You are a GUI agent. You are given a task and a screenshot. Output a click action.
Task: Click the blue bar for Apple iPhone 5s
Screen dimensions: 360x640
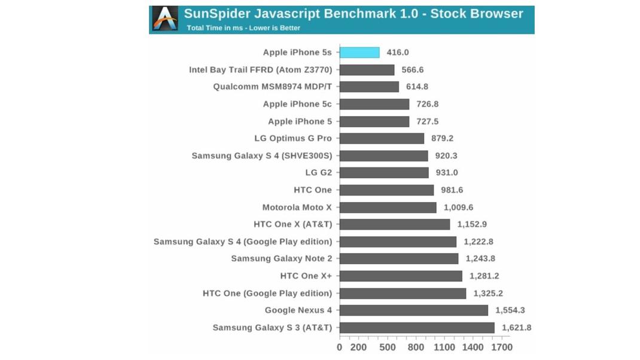pyautogui.click(x=359, y=53)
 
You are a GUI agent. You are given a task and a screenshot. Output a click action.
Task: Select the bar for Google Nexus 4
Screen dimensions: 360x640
pyautogui.click(x=414, y=310)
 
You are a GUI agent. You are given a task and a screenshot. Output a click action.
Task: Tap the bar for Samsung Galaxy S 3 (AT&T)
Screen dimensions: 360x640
pyautogui.click(x=417, y=328)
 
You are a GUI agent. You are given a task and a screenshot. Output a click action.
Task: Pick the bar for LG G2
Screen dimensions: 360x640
pyautogui.click(x=384, y=173)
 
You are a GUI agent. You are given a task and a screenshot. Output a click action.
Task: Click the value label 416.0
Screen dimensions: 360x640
pyautogui.click(x=398, y=53)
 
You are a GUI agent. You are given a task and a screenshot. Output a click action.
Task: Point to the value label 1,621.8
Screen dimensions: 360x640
pyautogui.click(x=517, y=328)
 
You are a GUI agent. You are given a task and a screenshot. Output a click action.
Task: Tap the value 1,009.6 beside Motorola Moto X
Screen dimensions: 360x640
pyautogui.click(x=459, y=208)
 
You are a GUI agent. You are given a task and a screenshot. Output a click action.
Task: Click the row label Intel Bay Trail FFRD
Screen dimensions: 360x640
pyautogui.click(x=260, y=69)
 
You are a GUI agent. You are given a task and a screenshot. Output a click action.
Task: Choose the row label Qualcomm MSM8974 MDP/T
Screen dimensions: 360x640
pyautogui.click(x=272, y=87)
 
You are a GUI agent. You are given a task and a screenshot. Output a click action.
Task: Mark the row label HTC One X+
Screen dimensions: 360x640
pyautogui.click(x=306, y=276)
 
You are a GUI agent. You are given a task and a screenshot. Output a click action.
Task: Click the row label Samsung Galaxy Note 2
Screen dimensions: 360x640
pyautogui.click(x=281, y=259)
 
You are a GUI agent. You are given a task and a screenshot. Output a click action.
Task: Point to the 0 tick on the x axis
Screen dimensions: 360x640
pyautogui.click(x=340, y=347)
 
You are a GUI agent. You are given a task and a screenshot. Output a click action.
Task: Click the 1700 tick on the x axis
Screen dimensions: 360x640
pyautogui.click(x=501, y=347)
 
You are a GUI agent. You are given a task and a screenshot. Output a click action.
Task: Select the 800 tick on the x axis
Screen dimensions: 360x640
pyautogui.click(x=416, y=347)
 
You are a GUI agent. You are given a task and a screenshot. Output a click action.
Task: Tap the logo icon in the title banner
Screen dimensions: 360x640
pyautogui.click(x=165, y=19)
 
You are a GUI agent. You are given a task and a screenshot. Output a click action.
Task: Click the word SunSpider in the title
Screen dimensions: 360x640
pyautogui.click(x=216, y=14)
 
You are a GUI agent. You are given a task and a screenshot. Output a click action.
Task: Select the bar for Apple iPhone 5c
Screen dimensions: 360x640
pyautogui.click(x=374, y=104)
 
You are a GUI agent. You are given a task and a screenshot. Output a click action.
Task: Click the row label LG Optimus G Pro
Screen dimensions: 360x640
pyautogui.click(x=292, y=138)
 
